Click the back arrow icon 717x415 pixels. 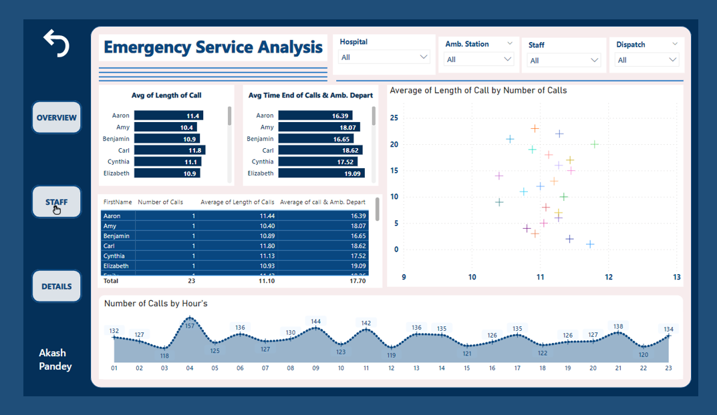click(x=56, y=43)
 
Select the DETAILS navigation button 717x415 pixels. click(x=56, y=286)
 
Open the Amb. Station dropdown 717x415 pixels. click(x=478, y=59)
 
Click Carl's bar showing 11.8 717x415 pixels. click(x=170, y=150)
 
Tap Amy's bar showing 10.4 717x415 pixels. click(x=165, y=127)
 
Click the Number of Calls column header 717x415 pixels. click(x=160, y=202)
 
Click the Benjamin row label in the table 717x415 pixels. click(x=116, y=236)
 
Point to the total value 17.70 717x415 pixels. click(x=357, y=281)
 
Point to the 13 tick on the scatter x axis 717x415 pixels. click(x=676, y=278)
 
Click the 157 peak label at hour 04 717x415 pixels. click(x=190, y=326)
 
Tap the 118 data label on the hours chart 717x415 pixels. click(x=164, y=356)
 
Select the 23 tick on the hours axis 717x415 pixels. click(x=668, y=368)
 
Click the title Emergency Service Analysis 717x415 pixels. click(x=213, y=48)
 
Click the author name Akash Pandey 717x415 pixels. click(x=55, y=360)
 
